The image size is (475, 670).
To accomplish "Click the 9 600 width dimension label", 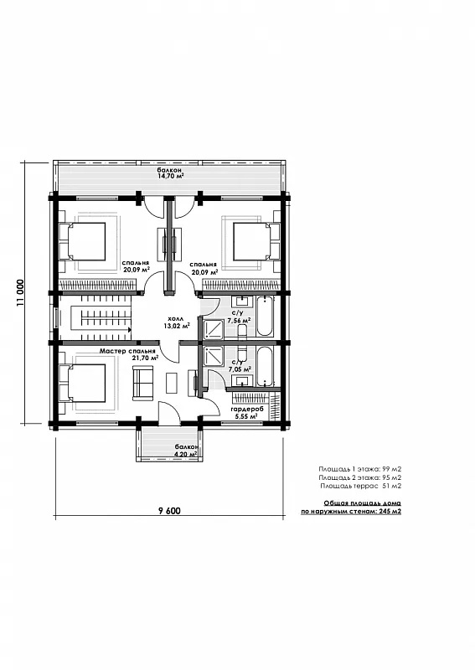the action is coord(169,511).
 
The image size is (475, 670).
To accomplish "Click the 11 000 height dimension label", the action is coord(20,293).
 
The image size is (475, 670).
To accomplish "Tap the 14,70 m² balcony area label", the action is coord(170,173).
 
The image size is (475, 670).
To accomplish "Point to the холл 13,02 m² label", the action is coord(177,322).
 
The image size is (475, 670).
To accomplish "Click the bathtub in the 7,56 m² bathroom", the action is coord(264,317).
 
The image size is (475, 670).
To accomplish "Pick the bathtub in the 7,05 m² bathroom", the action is coord(264,366).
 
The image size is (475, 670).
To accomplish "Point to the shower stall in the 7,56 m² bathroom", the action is coord(213,329).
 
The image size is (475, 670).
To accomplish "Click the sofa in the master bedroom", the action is coord(143,383).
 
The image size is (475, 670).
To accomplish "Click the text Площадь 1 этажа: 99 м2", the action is coord(359,469).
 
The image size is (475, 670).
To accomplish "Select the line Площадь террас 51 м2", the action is coord(360,486).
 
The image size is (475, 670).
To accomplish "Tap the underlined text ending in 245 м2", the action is coord(351,507).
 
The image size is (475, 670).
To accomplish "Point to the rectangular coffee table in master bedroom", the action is coord(173,383).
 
